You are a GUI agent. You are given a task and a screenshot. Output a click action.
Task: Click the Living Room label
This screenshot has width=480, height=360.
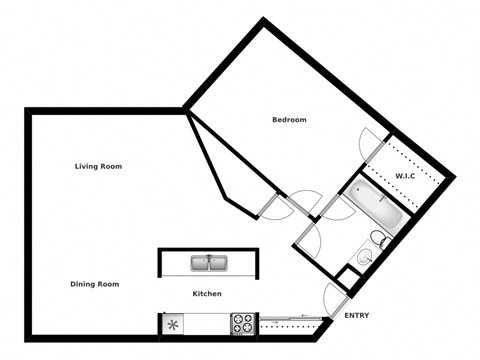tap(98, 166)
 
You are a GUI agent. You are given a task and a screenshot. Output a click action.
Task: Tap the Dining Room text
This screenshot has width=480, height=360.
tap(95, 284)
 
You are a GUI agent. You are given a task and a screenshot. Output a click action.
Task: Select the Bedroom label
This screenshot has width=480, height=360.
tap(289, 120)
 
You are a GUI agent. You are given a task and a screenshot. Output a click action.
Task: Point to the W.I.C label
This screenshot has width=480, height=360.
tap(405, 176)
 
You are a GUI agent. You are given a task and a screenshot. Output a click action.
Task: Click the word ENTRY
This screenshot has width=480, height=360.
tap(356, 316)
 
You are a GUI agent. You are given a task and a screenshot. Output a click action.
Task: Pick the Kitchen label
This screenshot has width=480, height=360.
tap(207, 294)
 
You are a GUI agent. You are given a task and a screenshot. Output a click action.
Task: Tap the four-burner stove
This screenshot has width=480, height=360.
tap(243, 324)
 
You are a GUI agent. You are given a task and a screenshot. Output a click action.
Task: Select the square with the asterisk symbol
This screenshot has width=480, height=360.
tap(173, 324)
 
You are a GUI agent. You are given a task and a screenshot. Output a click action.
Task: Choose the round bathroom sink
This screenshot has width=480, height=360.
tap(364, 258)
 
